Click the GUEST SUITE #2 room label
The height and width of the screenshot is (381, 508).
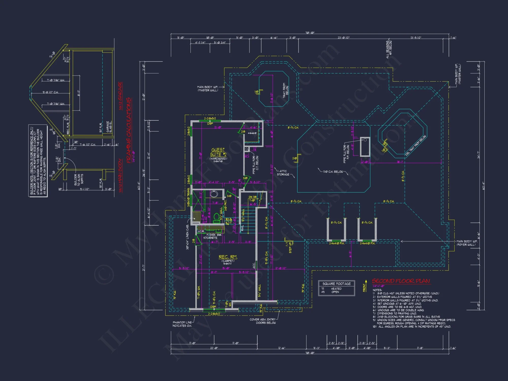pyautogui.click(x=218, y=152)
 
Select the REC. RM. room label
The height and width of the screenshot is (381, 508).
pyautogui.click(x=228, y=257)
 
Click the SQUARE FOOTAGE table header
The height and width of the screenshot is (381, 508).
pyautogui.click(x=336, y=284)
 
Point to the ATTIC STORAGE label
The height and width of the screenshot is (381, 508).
pyautogui.click(x=283, y=173)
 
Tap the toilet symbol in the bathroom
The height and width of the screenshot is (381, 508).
pyautogui.click(x=216, y=217)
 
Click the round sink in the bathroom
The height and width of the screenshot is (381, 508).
pyautogui.click(x=214, y=194)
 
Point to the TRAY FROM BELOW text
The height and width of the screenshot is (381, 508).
pyautogui.click(x=285, y=90)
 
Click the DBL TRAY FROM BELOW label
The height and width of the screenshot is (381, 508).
pyautogui.click(x=416, y=145)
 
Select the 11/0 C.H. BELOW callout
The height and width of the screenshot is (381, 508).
pyautogui.click(x=333, y=172)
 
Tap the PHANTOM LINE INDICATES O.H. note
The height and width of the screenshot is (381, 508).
pyautogui.click(x=182, y=324)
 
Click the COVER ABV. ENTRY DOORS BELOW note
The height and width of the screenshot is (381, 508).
pyautogui.click(x=263, y=321)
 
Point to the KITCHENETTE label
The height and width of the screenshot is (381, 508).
pyautogui.click(x=210, y=238)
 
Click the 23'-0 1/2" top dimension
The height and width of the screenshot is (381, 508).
pyautogui.click(x=343, y=38)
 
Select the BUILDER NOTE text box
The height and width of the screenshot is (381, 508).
pyautogui.click(x=38, y=161)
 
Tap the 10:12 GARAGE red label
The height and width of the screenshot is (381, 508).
pyautogui.click(x=121, y=96)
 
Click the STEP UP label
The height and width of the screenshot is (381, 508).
pyautogui.click(x=290, y=248)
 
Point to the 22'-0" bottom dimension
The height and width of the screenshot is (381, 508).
pyautogui.click(x=214, y=348)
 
